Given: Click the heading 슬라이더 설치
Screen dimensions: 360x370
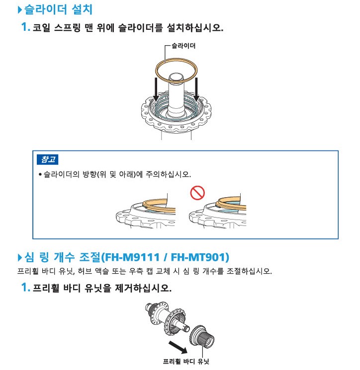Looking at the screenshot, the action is point(58,9).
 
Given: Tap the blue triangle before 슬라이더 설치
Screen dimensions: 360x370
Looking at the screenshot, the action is point(20,9).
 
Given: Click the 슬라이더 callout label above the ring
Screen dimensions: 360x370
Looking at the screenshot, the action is point(183,46).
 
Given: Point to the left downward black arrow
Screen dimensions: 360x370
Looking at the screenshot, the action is point(156,89).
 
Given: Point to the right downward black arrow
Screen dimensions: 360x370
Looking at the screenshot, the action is point(196,89).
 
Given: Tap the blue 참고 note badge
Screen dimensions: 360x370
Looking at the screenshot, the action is point(47,159).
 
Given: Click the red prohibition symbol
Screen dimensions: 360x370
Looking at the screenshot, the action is point(197,193).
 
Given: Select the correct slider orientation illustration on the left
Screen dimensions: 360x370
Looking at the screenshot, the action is point(146,211).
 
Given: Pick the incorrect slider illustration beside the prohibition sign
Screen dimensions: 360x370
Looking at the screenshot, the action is point(218,211).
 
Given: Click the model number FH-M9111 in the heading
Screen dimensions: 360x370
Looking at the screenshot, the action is point(132,257).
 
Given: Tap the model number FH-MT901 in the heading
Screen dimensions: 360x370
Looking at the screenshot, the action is point(198,257).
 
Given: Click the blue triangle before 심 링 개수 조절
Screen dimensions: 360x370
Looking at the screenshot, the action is point(20,257).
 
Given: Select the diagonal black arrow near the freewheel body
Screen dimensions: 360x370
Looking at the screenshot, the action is point(178,347).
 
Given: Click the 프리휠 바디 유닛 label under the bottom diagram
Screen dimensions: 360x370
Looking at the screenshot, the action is point(186,361).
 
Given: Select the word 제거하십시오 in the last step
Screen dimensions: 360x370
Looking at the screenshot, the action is point(143,288).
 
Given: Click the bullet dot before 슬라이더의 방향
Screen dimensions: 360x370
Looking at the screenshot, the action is point(40,174).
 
